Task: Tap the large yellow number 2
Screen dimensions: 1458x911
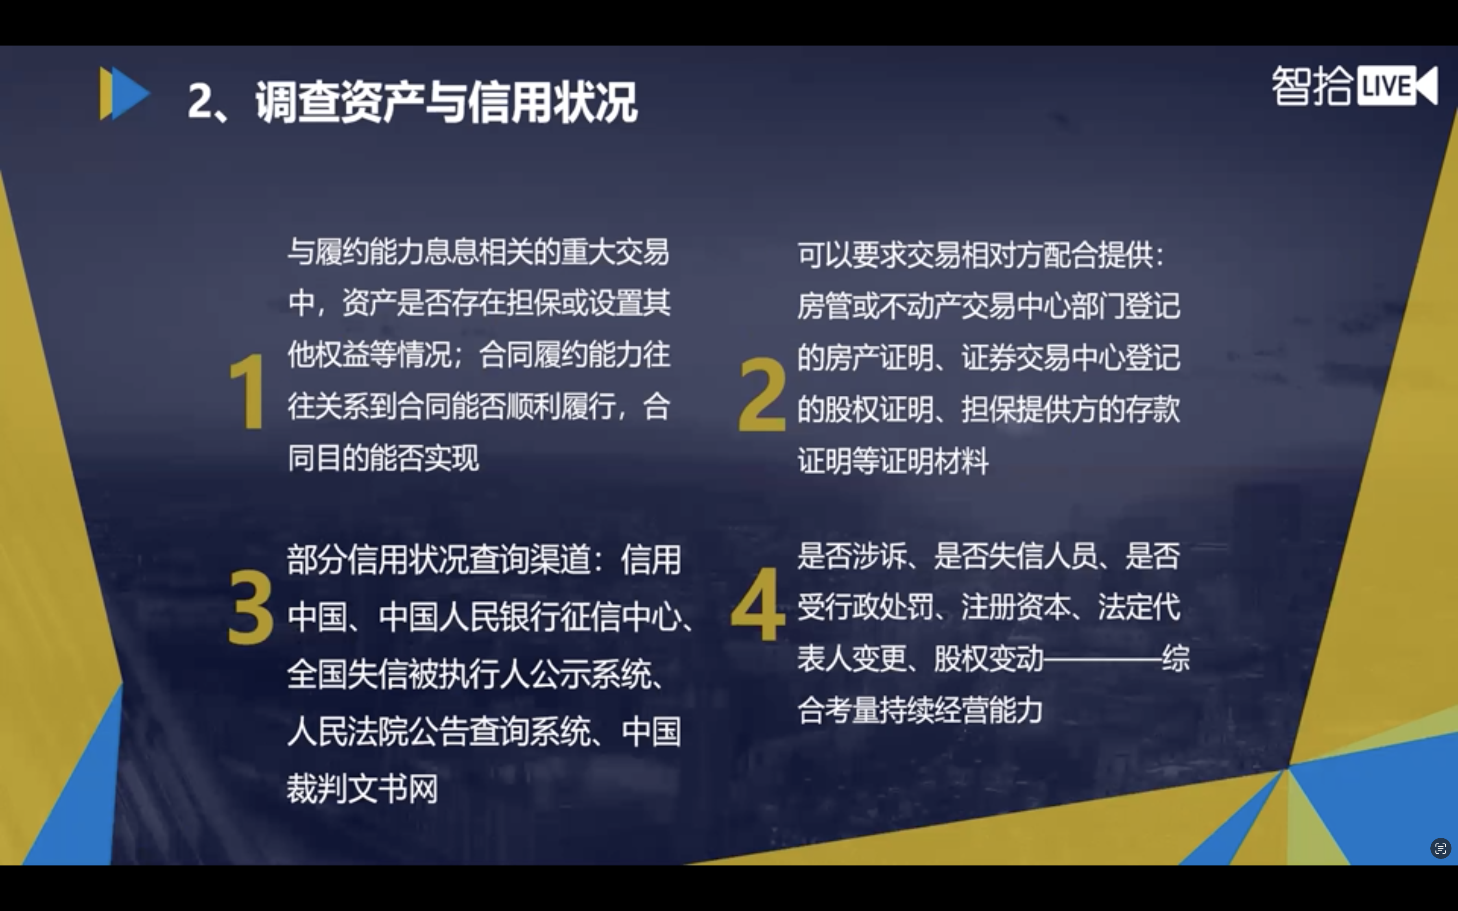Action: tap(762, 394)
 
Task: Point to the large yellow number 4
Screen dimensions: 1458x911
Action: tap(758, 604)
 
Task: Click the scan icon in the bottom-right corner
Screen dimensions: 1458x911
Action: tap(1440, 848)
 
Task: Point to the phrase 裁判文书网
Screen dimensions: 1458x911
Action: tap(362, 788)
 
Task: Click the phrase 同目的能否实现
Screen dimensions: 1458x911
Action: tap(383, 458)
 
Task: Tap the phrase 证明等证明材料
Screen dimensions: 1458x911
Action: tap(893, 461)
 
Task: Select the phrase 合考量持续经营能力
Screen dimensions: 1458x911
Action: tap(920, 710)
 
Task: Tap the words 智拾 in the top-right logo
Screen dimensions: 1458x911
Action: tap(1312, 85)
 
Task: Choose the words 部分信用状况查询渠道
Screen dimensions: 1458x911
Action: tap(439, 559)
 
